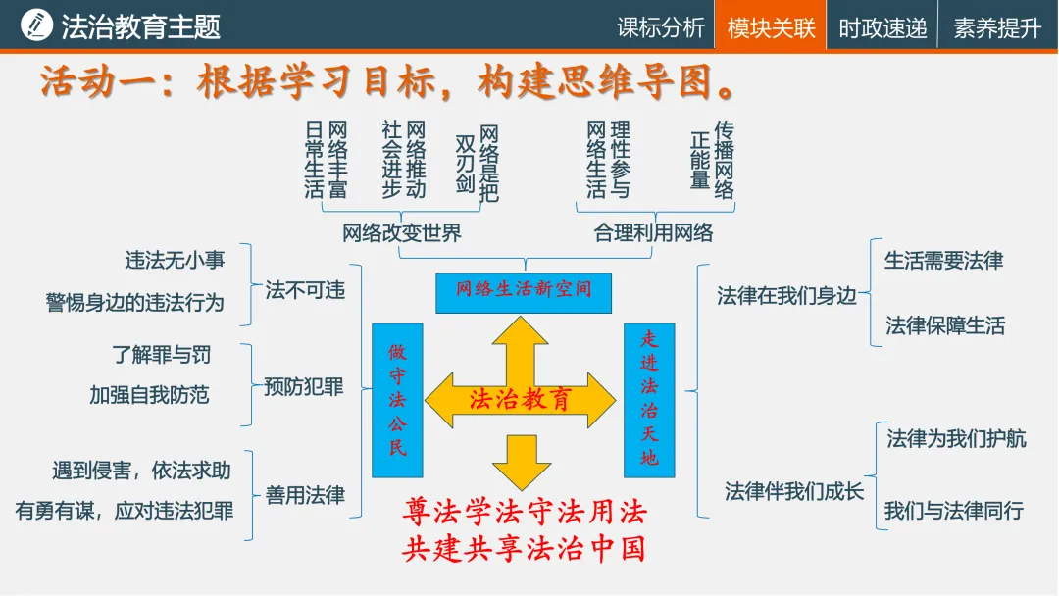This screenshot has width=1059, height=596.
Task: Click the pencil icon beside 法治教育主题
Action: [x=36, y=25]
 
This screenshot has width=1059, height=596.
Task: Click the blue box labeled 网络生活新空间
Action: [x=524, y=291]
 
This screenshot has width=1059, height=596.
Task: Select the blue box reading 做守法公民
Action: [x=397, y=400]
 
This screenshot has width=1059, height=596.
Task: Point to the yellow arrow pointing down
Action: [x=522, y=461]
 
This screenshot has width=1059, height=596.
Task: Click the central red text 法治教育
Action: [x=521, y=399]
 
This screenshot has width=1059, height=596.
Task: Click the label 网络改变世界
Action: [x=402, y=233]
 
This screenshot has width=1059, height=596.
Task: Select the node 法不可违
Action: [x=305, y=291]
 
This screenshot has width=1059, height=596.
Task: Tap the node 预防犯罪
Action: [x=304, y=387]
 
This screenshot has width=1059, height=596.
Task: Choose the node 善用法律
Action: [x=305, y=495]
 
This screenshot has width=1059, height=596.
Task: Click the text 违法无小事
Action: [x=175, y=260]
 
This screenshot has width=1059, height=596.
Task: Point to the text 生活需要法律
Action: [x=943, y=261]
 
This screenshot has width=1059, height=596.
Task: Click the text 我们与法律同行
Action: [x=953, y=511]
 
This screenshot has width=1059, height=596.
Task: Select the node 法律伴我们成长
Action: [x=794, y=491]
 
